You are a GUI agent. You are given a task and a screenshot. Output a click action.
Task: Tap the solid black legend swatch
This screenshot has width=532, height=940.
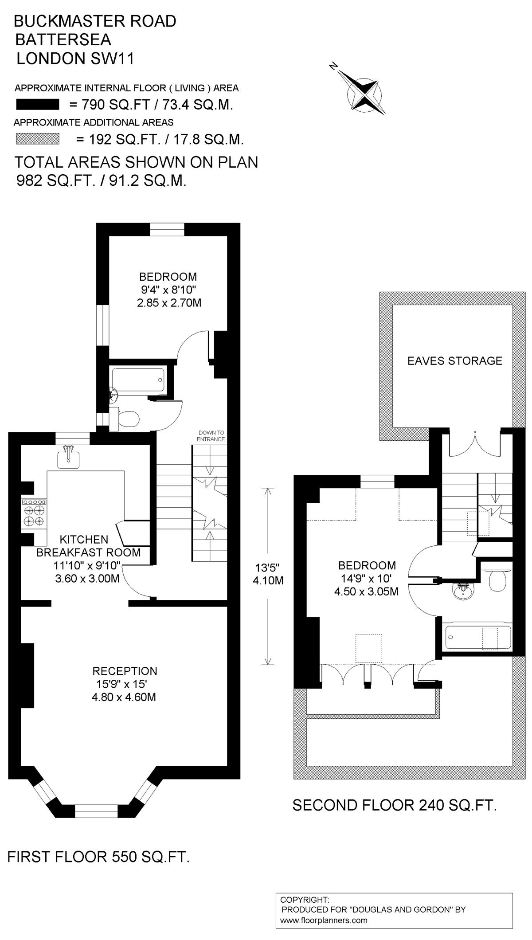click(x=38, y=105)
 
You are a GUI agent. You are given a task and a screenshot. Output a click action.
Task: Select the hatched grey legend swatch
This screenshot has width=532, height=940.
click(x=38, y=139)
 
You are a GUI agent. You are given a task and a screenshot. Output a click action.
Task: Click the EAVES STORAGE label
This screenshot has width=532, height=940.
click(x=455, y=361)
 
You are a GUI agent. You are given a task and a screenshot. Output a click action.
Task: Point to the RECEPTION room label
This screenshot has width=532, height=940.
click(x=125, y=671)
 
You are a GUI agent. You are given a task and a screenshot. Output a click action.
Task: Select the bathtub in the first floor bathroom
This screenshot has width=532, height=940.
click(x=138, y=380)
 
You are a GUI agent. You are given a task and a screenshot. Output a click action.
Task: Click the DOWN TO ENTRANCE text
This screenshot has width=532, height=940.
click(x=211, y=436)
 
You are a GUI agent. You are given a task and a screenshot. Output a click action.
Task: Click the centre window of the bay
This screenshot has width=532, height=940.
click(x=97, y=811)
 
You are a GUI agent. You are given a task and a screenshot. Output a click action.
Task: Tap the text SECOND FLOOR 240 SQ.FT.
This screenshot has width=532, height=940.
click(x=395, y=805)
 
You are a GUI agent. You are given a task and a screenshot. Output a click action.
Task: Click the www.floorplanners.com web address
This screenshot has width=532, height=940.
click(x=324, y=920)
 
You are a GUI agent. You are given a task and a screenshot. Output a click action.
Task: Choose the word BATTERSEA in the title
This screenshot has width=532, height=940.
click(x=63, y=39)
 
